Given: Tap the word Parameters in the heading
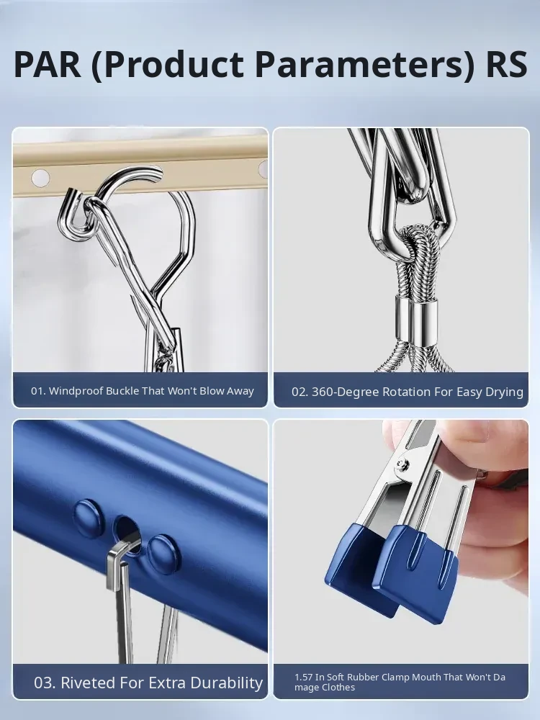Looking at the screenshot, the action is (x=364, y=65).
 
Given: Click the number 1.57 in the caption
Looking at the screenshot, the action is (x=303, y=678).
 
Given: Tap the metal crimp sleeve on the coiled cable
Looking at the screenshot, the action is (x=416, y=320).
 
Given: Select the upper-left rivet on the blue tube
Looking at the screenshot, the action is (x=89, y=518).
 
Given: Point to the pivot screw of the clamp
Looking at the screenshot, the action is (x=405, y=463).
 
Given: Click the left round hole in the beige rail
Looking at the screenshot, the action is (x=40, y=178).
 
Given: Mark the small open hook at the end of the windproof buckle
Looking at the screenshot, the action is (x=74, y=216).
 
